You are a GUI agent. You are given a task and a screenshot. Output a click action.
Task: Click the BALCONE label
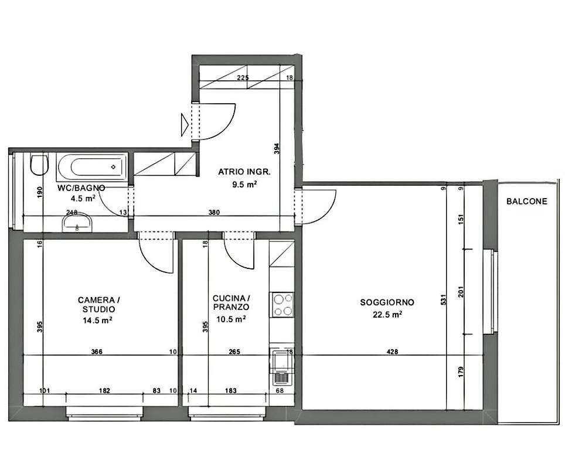[526, 202]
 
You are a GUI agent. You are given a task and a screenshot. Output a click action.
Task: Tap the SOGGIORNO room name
[387, 302]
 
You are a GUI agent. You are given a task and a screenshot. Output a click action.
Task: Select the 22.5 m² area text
[387, 314]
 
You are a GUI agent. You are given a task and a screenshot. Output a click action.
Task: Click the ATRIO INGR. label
[244, 172]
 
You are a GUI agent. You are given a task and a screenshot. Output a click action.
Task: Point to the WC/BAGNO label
[81, 188]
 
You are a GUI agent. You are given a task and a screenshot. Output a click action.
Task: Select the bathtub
[92, 167]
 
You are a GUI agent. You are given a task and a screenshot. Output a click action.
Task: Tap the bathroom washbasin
[77, 222]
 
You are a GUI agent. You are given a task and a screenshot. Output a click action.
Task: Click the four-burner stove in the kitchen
[282, 305]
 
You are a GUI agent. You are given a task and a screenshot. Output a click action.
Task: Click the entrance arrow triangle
[185, 125]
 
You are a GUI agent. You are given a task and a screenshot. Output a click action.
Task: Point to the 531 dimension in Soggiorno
[443, 300]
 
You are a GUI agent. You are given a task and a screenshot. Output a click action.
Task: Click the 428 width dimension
[392, 352]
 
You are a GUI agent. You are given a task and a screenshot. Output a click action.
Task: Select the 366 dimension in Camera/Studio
[97, 352]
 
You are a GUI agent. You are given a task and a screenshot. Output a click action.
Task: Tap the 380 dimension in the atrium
[214, 212]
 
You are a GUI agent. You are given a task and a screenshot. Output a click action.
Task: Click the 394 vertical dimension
[277, 149]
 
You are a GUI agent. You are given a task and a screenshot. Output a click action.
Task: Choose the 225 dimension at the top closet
[243, 77]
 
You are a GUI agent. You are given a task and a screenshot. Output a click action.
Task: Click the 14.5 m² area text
[97, 320]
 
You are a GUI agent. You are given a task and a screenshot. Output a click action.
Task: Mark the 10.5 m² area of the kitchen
[231, 319]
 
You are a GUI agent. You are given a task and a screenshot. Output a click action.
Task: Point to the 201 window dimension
[461, 292]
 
